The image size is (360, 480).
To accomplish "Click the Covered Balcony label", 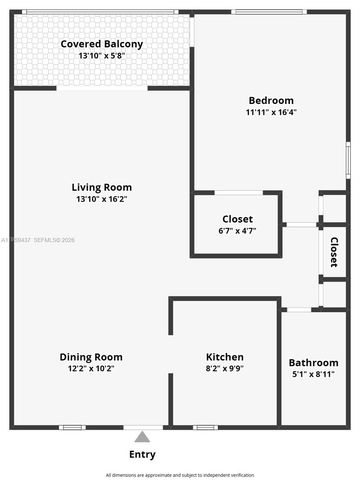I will coord(102,44).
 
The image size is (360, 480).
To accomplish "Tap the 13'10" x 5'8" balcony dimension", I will coord(102,56).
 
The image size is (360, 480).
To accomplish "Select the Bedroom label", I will coord(271,100).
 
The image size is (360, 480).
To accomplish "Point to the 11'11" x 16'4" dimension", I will coord(271,113).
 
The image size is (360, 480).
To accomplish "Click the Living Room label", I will coord(102,187).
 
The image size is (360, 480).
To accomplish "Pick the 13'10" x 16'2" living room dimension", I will coord(102,199).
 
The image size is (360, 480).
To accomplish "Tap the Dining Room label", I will coord(91,357).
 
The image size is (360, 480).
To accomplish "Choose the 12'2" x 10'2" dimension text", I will coord(91,369).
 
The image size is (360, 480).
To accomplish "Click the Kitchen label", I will coord(225,357).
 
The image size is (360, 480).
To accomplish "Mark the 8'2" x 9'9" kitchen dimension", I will coord(225,369).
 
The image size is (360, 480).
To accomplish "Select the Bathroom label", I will coord(313,363).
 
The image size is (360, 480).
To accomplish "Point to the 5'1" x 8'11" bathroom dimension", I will coord(313,375).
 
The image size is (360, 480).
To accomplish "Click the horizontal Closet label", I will coord(237,219).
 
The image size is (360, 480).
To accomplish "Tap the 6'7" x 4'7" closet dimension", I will coord(237,231).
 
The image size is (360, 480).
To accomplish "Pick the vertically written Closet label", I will coord(334,252).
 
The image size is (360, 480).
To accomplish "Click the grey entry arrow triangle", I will coord(142,436).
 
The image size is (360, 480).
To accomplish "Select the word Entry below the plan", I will coord(142,454).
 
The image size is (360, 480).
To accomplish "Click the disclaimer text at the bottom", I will coord(180,474).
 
